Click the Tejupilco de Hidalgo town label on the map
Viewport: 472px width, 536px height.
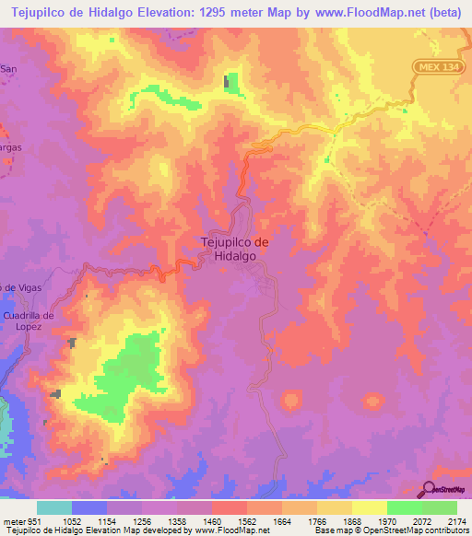pyautogui.click(x=234, y=249)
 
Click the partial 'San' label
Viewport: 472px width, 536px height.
pyautogui.click(x=9, y=69)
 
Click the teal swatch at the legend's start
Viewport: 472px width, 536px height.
pyautogui.click(x=54, y=507)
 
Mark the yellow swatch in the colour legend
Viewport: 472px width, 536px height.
pyautogui.click(x=369, y=507)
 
